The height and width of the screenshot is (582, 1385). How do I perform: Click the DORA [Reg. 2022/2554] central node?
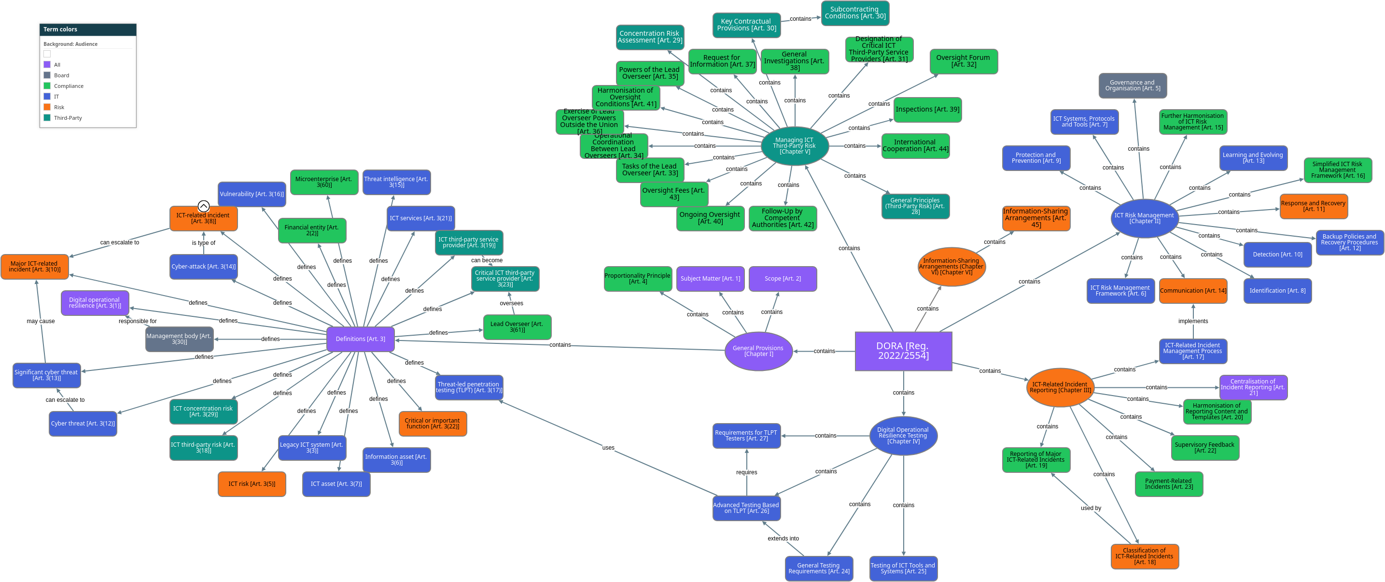click(x=903, y=351)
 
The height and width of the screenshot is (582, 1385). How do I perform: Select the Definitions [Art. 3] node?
click(x=360, y=339)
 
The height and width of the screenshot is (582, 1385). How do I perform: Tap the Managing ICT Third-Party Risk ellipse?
click(x=794, y=146)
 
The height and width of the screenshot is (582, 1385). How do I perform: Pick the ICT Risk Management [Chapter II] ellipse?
click(x=1144, y=218)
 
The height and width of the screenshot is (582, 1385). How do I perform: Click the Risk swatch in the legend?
click(x=47, y=107)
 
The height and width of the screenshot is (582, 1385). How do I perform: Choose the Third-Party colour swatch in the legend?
click(x=47, y=118)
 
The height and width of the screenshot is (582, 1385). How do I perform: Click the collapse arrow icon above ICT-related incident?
click(x=203, y=206)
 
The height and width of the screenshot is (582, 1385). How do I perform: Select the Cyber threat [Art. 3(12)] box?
click(x=83, y=423)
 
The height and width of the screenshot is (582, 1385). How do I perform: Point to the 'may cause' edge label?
click(x=41, y=321)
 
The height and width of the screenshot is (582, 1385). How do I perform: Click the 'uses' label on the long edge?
click(x=608, y=448)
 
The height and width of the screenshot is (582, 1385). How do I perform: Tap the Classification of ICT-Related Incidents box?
click(x=1144, y=556)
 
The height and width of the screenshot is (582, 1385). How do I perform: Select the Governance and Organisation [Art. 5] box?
click(x=1133, y=85)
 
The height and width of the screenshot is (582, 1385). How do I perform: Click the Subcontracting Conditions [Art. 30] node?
click(x=855, y=13)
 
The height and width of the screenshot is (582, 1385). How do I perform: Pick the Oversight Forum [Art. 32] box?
click(x=963, y=61)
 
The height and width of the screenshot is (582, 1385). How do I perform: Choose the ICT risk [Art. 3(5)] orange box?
click(x=252, y=483)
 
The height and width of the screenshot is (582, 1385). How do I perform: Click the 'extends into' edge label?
click(x=783, y=539)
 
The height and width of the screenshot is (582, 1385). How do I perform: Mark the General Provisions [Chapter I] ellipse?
click(x=758, y=351)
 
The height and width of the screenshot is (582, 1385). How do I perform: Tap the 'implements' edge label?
click(x=1192, y=321)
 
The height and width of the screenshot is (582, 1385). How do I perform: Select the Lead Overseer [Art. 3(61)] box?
click(x=517, y=326)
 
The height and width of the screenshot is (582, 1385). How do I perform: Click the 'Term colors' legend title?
click(x=60, y=29)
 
